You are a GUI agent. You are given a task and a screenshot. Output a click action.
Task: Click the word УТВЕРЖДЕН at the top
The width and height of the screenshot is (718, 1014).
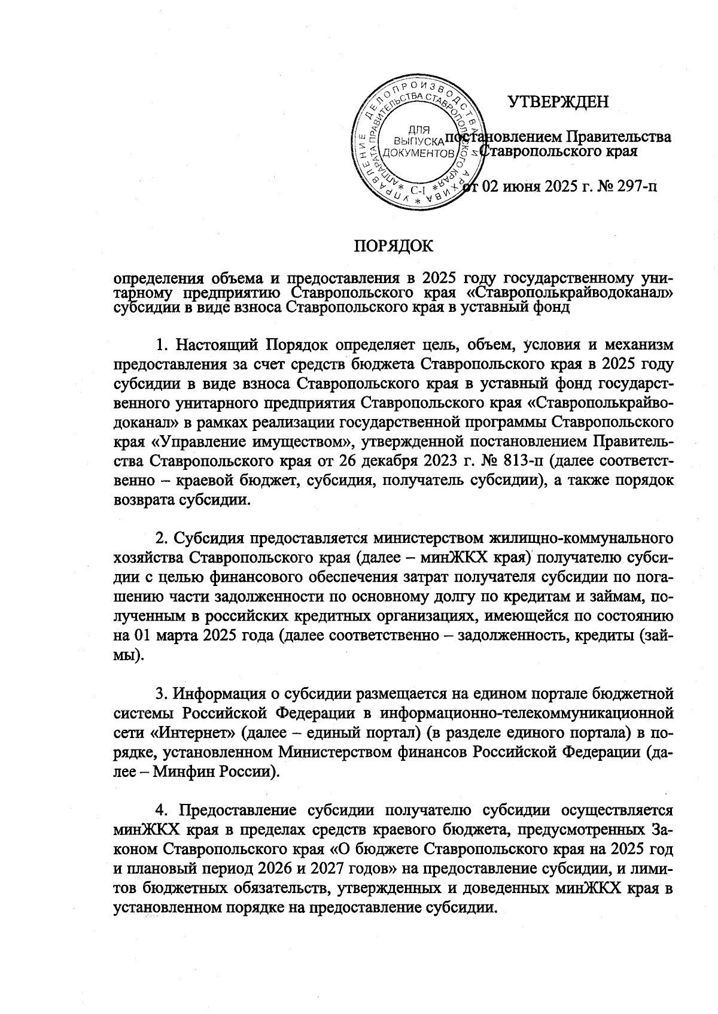pyautogui.click(x=558, y=102)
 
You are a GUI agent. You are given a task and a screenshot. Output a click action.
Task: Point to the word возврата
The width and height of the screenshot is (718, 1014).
pyautogui.click(x=138, y=501)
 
